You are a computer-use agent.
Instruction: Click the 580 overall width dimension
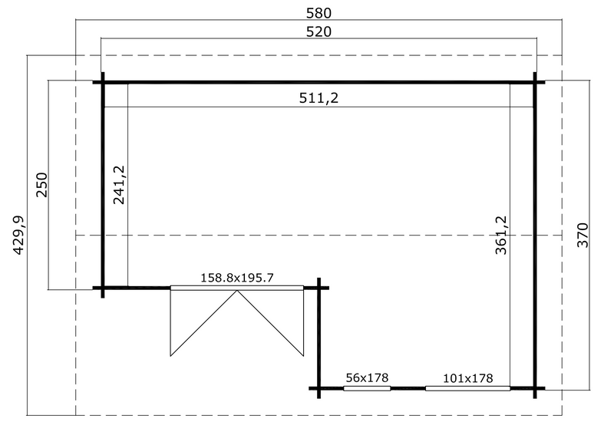click(319, 13)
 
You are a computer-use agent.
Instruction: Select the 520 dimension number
click(319, 31)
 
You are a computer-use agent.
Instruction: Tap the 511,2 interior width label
click(319, 97)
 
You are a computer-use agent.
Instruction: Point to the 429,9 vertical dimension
click(18, 235)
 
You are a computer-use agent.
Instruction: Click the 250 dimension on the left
click(41, 185)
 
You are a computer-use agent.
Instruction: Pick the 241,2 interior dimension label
click(119, 185)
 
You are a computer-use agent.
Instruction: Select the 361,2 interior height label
click(501, 235)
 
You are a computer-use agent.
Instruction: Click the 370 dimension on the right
click(583, 235)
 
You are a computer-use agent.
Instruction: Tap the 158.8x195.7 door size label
click(237, 278)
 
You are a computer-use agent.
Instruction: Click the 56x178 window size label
click(367, 377)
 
